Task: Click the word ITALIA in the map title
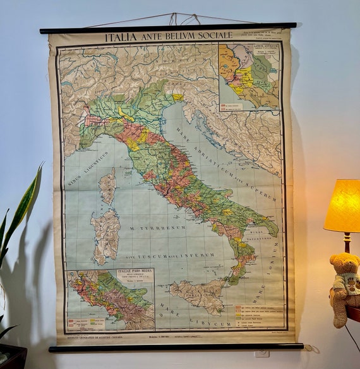point(120,37)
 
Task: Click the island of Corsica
point(108,185)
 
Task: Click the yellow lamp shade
point(342,206)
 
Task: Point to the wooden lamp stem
point(347,242)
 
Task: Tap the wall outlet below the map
point(261,354)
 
